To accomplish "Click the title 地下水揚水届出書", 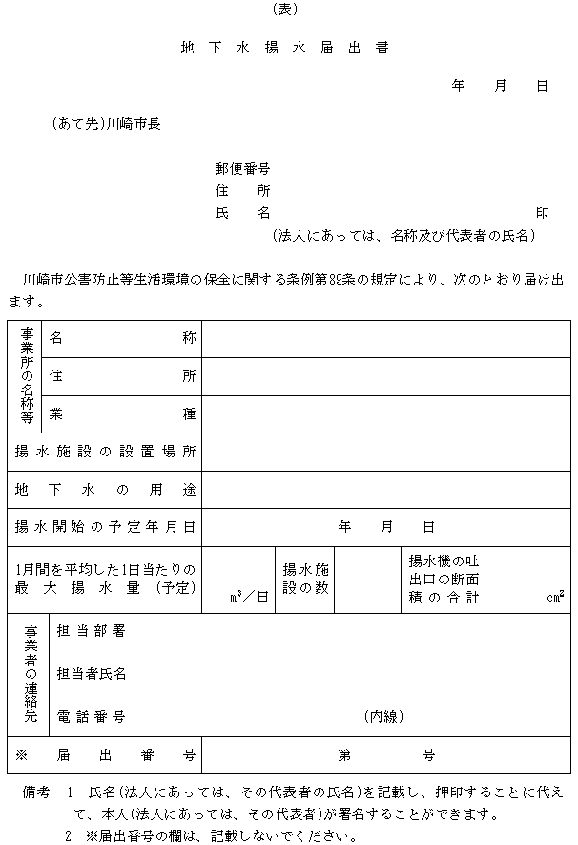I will click(284, 47).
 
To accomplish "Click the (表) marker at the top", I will click(285, 10).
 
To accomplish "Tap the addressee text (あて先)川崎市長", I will click(106, 123).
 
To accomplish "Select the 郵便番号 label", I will click(242, 168).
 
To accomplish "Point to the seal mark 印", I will click(542, 213).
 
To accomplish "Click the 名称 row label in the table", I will click(123, 339).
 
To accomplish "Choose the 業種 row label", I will click(123, 413).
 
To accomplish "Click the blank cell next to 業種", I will click(385, 413).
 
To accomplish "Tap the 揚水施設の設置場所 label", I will click(105, 451).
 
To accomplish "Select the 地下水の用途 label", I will click(105, 489).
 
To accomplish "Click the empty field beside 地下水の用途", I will click(385, 489).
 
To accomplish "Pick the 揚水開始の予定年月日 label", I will click(105, 526).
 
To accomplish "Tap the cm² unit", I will click(555, 597).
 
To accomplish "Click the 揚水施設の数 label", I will click(305, 579).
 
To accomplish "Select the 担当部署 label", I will click(92, 631).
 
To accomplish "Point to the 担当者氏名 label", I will click(92, 674).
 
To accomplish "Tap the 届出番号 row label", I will click(105, 754).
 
